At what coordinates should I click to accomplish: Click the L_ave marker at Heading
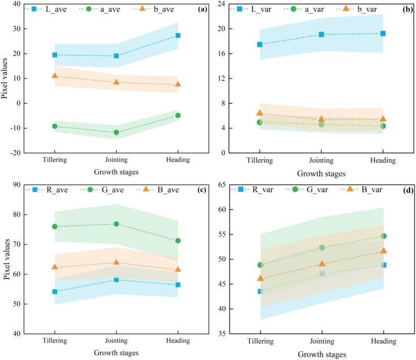(178, 36)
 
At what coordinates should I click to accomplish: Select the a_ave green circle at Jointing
(116, 133)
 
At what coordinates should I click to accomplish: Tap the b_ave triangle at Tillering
(54, 76)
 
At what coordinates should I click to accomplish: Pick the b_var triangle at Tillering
(259, 113)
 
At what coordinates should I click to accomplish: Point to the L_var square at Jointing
(321, 35)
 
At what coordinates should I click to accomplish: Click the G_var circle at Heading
(384, 236)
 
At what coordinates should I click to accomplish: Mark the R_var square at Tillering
(259, 291)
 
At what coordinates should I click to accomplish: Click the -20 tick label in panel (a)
(14, 153)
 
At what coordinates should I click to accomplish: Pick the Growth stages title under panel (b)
(321, 173)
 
